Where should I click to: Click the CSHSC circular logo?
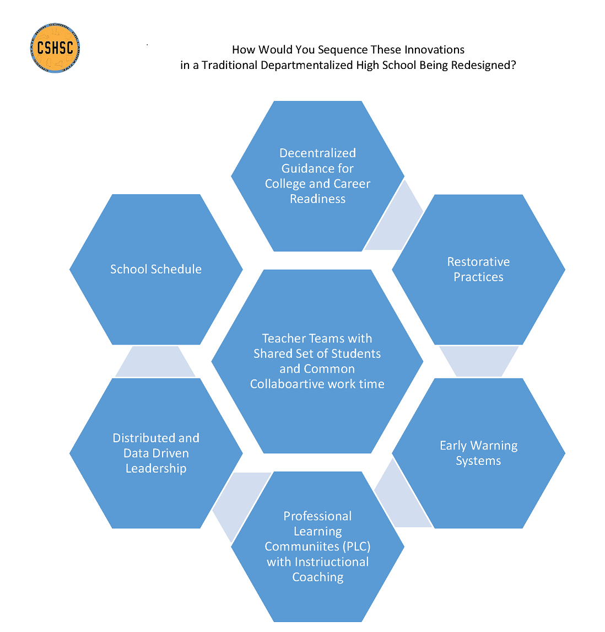(55, 48)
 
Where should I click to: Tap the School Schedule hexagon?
(156, 287)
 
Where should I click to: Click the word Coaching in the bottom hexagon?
(318, 577)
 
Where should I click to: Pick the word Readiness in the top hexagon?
(318, 199)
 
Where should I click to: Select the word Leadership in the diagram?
(156, 468)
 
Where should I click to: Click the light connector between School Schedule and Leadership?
(155, 361)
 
